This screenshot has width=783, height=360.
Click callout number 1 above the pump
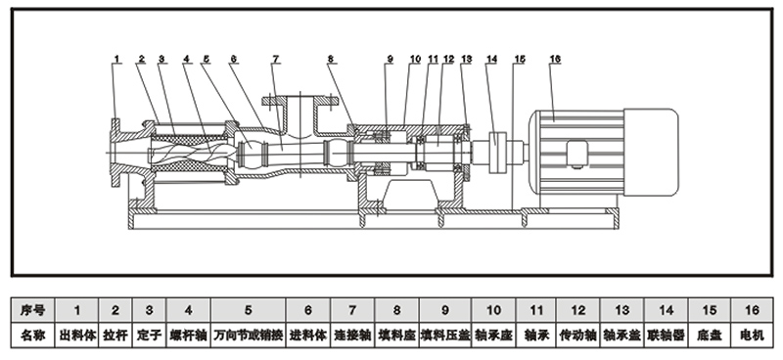(x=116, y=59)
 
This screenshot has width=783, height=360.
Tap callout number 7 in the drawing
(x=276, y=59)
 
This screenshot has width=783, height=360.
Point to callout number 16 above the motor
(x=555, y=59)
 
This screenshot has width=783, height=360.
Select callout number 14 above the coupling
(x=492, y=59)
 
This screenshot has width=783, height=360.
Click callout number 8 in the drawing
(x=331, y=59)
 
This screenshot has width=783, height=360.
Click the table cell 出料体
(x=77, y=336)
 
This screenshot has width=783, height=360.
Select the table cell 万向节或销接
(x=249, y=336)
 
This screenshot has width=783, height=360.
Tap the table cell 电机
(x=752, y=336)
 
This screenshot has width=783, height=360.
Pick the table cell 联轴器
(x=667, y=336)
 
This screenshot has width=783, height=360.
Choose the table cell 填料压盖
(x=445, y=336)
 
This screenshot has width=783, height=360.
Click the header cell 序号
(x=33, y=310)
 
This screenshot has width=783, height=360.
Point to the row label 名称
(x=33, y=336)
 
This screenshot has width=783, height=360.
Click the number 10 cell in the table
(x=493, y=310)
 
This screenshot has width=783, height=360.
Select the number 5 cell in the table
(x=249, y=310)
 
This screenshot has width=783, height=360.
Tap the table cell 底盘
(x=709, y=336)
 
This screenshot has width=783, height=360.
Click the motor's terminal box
(x=576, y=154)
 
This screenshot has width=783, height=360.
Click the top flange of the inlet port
(x=300, y=101)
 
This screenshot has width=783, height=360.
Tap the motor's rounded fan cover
(x=651, y=152)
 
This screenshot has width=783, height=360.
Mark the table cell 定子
(x=150, y=336)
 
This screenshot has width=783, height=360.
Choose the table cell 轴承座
(x=493, y=336)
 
